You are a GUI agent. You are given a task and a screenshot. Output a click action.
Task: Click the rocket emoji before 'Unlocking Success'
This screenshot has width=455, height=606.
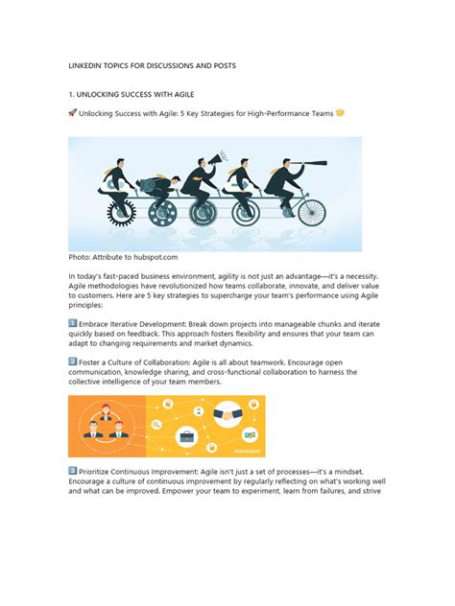tap(73, 113)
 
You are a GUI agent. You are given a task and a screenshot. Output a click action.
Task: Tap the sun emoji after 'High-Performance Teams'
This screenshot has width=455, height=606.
tap(341, 113)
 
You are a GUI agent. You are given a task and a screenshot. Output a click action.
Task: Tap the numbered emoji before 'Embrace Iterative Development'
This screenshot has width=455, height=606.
tap(73, 323)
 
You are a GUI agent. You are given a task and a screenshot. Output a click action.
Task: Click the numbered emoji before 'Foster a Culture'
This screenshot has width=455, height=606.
tap(73, 361)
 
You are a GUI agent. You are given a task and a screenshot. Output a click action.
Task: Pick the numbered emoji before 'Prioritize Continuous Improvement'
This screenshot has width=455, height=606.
tap(73, 471)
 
